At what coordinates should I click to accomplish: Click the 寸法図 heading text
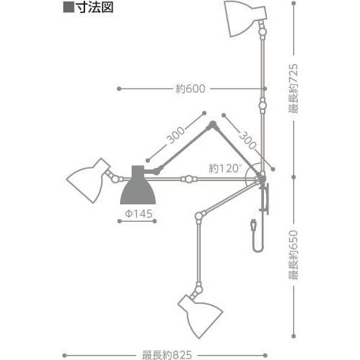(95, 7)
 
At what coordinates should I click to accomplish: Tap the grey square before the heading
(68, 7)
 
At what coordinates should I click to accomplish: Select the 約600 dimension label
(191, 89)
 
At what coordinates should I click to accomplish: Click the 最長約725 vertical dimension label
(293, 88)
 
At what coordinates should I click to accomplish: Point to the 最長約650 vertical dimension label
(293, 255)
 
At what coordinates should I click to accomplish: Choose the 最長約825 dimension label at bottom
(167, 355)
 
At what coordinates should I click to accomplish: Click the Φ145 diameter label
(139, 214)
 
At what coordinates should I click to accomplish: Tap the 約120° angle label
(224, 168)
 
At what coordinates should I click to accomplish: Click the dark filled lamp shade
(138, 185)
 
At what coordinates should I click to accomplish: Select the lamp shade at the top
(244, 18)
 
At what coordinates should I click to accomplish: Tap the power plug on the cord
(254, 225)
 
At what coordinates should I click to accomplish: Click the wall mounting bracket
(265, 199)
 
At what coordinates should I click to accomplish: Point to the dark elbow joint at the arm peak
(213, 124)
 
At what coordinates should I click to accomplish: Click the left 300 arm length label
(176, 135)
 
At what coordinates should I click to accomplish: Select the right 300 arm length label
(248, 140)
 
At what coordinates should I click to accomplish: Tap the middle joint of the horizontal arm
(189, 179)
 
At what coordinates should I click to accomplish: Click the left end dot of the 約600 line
(119, 89)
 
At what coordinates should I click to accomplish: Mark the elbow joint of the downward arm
(199, 215)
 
